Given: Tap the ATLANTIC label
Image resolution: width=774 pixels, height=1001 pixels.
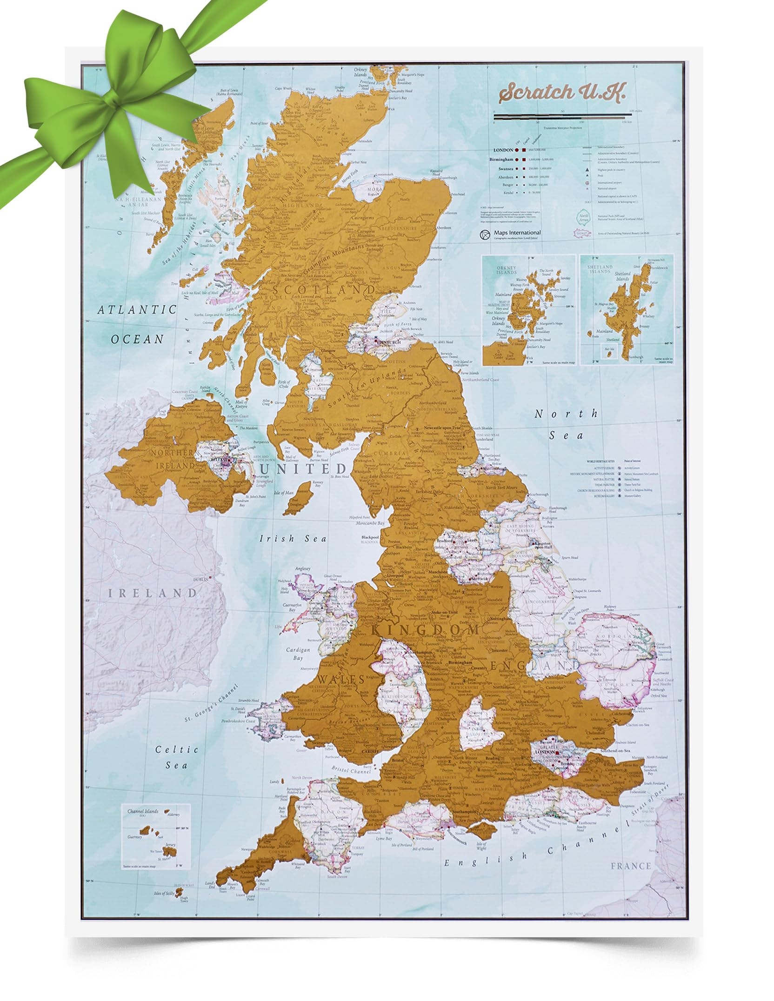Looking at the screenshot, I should [137, 309].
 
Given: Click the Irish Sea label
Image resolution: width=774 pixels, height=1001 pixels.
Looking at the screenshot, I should [293, 539].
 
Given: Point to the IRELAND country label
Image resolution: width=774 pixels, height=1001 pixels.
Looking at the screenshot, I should [152, 593].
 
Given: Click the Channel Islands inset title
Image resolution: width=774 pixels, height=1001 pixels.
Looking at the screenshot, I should [143, 811].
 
